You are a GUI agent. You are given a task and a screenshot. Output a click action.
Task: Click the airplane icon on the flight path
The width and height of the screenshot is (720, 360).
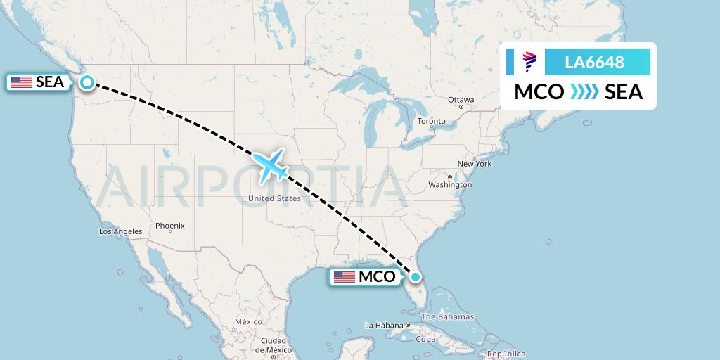click(270, 165)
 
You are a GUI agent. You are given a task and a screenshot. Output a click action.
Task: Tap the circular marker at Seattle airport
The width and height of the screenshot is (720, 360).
click(86, 82)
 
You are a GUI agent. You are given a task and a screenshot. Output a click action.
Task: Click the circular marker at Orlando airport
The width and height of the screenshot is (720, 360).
click(416, 276)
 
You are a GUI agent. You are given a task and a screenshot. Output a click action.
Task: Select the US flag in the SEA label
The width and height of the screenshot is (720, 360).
click(22, 82)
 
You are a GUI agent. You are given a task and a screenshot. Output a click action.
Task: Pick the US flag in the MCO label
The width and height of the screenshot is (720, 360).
click(345, 277)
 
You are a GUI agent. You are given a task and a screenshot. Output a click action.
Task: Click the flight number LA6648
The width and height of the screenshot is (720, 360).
click(594, 62)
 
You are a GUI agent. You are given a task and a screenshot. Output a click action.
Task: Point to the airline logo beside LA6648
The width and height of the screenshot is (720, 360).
click(529, 62)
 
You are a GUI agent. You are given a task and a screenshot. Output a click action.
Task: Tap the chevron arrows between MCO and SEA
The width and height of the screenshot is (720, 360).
click(584, 92)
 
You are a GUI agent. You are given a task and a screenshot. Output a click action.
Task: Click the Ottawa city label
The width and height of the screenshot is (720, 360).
click(461, 100)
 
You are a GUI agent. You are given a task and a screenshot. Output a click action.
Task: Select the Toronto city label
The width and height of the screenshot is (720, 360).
click(431, 121)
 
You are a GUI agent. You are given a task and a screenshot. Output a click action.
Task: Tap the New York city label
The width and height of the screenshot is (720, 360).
click(474, 164)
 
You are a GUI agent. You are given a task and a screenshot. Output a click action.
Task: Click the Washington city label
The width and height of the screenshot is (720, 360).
click(450, 184)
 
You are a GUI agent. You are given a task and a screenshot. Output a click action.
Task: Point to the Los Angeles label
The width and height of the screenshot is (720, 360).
click(121, 231)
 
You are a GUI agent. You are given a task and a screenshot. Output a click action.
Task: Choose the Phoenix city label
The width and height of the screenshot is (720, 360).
click(169, 226)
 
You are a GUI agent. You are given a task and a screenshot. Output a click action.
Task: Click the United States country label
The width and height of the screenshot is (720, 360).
click(274, 198)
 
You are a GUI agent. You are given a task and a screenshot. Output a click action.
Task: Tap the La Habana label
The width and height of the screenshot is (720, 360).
click(383, 326)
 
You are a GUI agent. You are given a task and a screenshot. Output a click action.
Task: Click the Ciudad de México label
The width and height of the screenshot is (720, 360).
click(272, 345)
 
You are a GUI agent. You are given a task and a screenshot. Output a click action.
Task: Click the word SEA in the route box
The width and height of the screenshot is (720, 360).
click(624, 92)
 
